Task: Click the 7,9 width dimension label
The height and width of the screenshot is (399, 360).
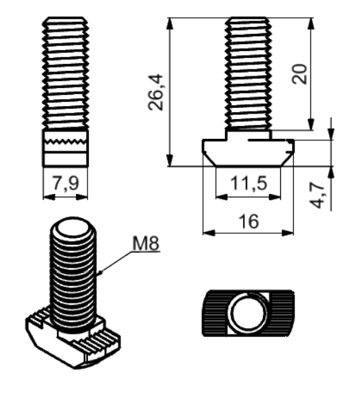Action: (65, 183)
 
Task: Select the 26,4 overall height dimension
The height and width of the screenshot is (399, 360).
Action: (156, 92)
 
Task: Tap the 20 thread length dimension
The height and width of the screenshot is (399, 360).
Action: (299, 74)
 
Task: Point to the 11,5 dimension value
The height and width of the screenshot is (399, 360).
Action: (248, 183)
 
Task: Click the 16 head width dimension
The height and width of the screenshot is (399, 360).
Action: (248, 221)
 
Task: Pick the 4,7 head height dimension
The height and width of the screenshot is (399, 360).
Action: (317, 195)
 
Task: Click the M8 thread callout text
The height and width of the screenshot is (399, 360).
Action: (146, 244)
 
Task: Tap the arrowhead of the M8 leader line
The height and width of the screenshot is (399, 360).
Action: (99, 273)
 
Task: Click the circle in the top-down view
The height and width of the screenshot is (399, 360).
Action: (247, 312)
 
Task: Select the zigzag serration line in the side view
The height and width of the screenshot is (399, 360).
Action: (65, 142)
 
